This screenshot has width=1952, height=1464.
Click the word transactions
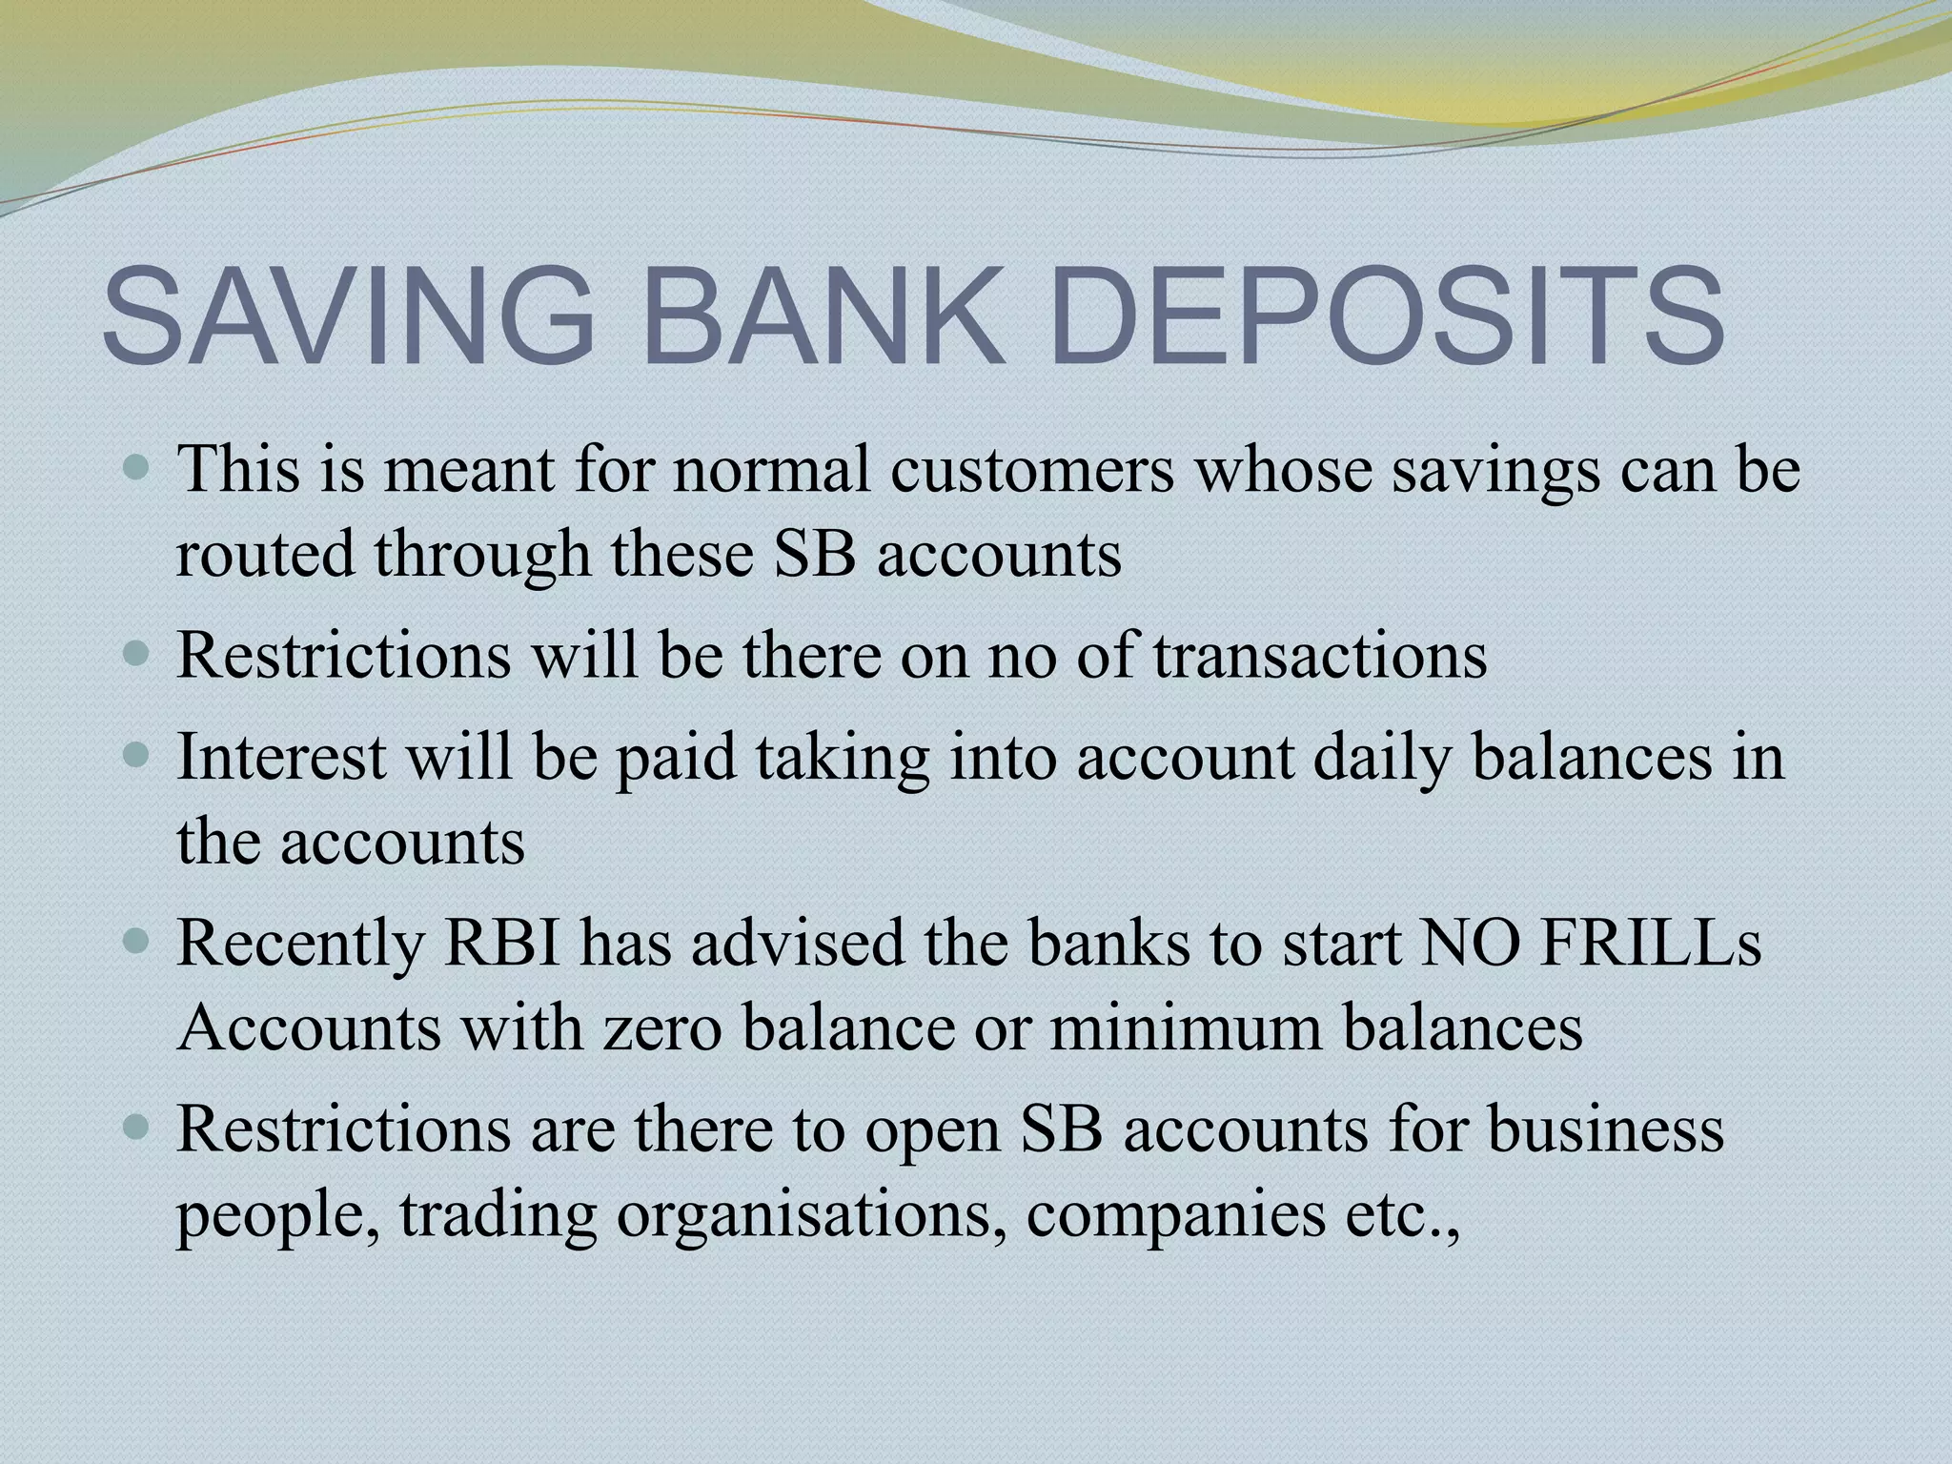[1320, 655]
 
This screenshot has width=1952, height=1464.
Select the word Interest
[282, 757]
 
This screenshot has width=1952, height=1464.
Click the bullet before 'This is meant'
[138, 469]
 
